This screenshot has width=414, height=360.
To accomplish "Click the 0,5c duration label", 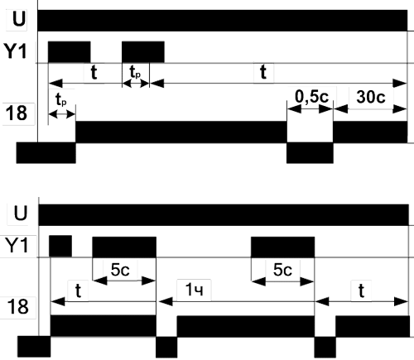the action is tap(312, 97).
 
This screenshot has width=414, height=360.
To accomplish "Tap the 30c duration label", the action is tap(371, 97).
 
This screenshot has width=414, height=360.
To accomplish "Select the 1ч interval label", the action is tap(194, 290).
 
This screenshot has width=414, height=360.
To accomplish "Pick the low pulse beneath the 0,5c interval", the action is tap(310, 153).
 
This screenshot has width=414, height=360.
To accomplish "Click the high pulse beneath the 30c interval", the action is tap(370, 132).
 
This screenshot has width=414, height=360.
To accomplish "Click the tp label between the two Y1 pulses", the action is tap(135, 73).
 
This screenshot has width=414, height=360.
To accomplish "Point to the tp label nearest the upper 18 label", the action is tap(61, 99).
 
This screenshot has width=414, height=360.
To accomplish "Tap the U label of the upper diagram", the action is tap(19, 19).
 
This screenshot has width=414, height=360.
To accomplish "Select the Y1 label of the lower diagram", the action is tap(17, 245).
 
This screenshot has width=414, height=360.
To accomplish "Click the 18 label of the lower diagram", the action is tap(17, 306).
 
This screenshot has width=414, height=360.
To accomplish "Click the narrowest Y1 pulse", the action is tap(60, 246).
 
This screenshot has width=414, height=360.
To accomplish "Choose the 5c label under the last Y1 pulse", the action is tap(282, 270).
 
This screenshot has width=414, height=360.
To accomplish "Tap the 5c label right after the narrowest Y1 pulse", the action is tap(120, 270).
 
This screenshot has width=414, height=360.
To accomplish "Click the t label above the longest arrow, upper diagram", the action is tap(263, 72).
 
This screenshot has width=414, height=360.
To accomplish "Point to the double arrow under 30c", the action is tap(370, 109).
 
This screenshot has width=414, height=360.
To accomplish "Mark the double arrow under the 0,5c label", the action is tap(310, 109).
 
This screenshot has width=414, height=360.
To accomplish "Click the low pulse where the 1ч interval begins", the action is tap(166, 347).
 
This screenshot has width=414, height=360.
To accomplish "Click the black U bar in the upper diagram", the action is tap(223, 21).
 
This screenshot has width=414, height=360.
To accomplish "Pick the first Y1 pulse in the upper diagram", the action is tap(70, 52).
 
